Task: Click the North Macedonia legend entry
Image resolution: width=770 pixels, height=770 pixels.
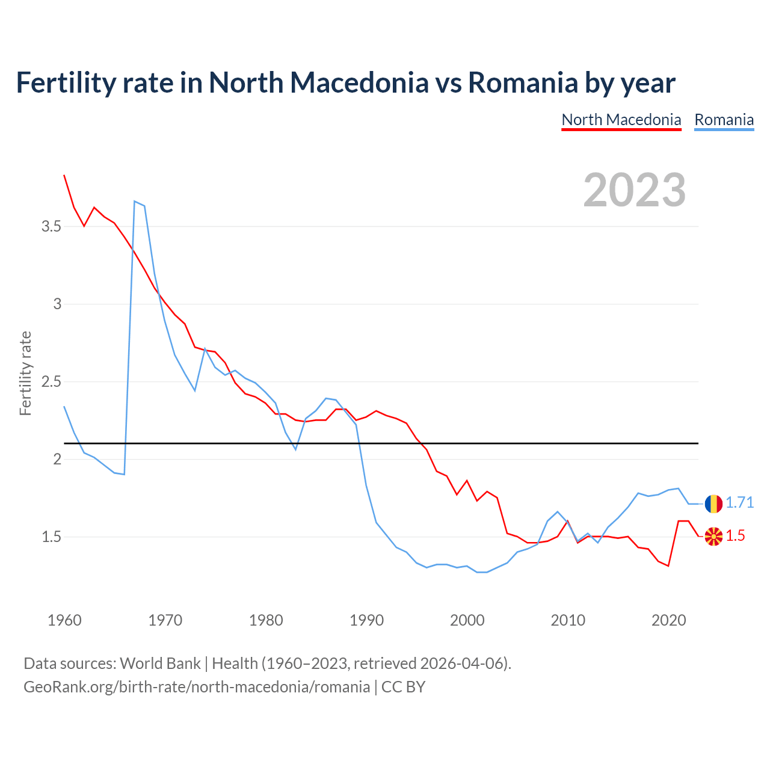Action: (x=621, y=120)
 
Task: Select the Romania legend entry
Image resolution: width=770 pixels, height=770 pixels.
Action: (x=724, y=120)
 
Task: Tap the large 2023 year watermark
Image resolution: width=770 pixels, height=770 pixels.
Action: (x=634, y=190)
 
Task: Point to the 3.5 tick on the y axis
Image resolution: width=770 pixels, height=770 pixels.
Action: (x=51, y=227)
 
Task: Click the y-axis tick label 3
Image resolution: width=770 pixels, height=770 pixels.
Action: (x=57, y=304)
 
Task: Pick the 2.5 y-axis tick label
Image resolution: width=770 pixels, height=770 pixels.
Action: (x=51, y=382)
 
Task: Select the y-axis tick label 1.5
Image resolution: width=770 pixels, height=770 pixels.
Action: (x=51, y=537)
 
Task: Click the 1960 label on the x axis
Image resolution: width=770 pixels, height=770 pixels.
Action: (x=64, y=620)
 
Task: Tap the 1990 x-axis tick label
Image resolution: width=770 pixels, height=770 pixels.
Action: (x=366, y=620)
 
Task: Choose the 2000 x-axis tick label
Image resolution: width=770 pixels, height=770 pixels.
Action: (x=467, y=620)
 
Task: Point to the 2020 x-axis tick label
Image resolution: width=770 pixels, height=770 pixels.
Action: (x=668, y=620)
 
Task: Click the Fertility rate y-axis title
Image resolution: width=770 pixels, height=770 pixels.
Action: (x=25, y=373)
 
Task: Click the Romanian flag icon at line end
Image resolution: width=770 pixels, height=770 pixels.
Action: (x=713, y=504)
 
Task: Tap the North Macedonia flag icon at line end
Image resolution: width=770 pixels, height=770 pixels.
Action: (x=713, y=536)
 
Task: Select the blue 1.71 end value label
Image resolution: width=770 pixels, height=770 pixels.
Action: (x=739, y=503)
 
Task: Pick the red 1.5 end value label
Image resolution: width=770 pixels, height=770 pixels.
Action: (x=735, y=536)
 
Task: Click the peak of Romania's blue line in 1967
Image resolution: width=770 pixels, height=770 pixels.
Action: (x=135, y=201)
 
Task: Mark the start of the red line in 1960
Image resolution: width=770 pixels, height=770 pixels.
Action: (x=64, y=175)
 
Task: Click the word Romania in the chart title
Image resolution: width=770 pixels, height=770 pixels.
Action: (x=523, y=82)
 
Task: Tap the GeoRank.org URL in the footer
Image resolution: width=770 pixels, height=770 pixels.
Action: (x=197, y=687)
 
